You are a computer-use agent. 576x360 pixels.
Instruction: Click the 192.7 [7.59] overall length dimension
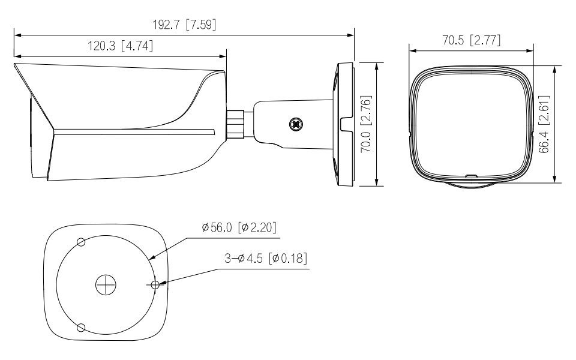tap(184, 25)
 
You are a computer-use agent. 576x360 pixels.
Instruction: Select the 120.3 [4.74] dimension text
tap(120, 46)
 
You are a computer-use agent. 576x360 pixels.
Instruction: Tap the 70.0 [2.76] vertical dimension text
tap(366, 124)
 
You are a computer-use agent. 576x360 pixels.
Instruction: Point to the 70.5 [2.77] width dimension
tap(472, 40)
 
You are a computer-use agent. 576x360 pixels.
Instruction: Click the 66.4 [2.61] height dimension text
tap(544, 124)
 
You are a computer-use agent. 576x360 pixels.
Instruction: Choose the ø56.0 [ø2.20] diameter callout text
tap(239, 227)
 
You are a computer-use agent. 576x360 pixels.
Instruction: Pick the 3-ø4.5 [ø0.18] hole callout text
tap(266, 258)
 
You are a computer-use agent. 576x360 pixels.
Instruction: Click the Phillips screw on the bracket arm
tap(296, 124)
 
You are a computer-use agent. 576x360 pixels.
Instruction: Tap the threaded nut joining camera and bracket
tap(235, 124)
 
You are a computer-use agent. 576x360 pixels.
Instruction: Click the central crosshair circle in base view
tap(106, 284)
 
